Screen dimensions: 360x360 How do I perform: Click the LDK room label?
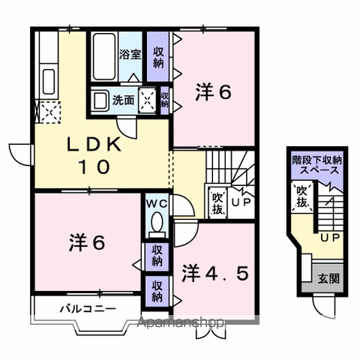coord(94,155)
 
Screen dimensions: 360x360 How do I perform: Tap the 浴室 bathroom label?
coord(130,54)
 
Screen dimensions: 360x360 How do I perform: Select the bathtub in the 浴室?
coord(104,57)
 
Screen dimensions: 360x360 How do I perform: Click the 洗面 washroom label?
coord(123,100)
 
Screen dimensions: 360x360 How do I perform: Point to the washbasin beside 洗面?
coord(100,100)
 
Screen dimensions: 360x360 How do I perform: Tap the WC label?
coord(157,204)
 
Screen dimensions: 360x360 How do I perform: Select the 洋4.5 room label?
coord(215,273)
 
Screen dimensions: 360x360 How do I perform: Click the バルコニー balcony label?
coord(88,309)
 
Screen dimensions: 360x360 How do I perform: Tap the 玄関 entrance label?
coord(328,278)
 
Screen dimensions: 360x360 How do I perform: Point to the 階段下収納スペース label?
coord(317,165)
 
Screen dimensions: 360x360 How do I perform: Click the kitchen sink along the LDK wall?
coord(49,81)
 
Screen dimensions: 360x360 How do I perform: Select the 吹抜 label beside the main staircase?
coord(217,204)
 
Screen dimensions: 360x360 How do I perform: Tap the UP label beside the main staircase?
coord(241,202)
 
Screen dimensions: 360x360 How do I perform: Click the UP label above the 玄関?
coord(330,238)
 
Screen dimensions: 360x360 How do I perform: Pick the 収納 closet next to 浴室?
coord(158,57)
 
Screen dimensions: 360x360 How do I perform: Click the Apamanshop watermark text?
coord(181,322)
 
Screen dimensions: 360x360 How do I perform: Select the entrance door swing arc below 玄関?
coord(324,310)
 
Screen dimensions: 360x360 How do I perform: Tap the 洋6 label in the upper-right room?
coord(213,92)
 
